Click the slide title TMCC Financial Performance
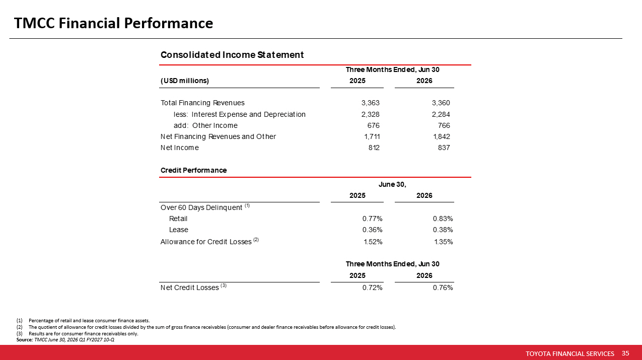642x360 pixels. pos(113,23)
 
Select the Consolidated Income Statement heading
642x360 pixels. pos(232,55)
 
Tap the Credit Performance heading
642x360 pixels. pos(193,170)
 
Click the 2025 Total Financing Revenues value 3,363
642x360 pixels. pos(370,103)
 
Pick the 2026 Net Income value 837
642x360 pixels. pos(444,148)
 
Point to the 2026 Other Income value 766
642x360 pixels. pos(444,125)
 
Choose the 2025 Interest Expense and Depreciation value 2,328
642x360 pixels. pos(370,114)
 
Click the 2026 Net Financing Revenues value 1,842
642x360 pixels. pos(442,137)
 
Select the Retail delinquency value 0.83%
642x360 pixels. pos(443,219)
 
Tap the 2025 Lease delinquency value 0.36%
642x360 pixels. pos(372,230)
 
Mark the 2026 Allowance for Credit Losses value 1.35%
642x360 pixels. pos(444,242)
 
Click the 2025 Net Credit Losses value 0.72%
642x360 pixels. pos(372,288)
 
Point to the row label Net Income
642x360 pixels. pos(179,148)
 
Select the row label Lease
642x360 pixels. pos(179,230)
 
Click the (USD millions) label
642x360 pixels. pos(185,81)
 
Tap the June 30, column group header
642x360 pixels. pos(392,184)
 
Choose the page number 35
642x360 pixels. pos(625,353)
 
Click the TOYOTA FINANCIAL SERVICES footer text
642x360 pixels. pos(570,353)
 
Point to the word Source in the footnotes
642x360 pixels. pos(24,340)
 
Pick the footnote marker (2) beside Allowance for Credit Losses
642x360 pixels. pos(256,240)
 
